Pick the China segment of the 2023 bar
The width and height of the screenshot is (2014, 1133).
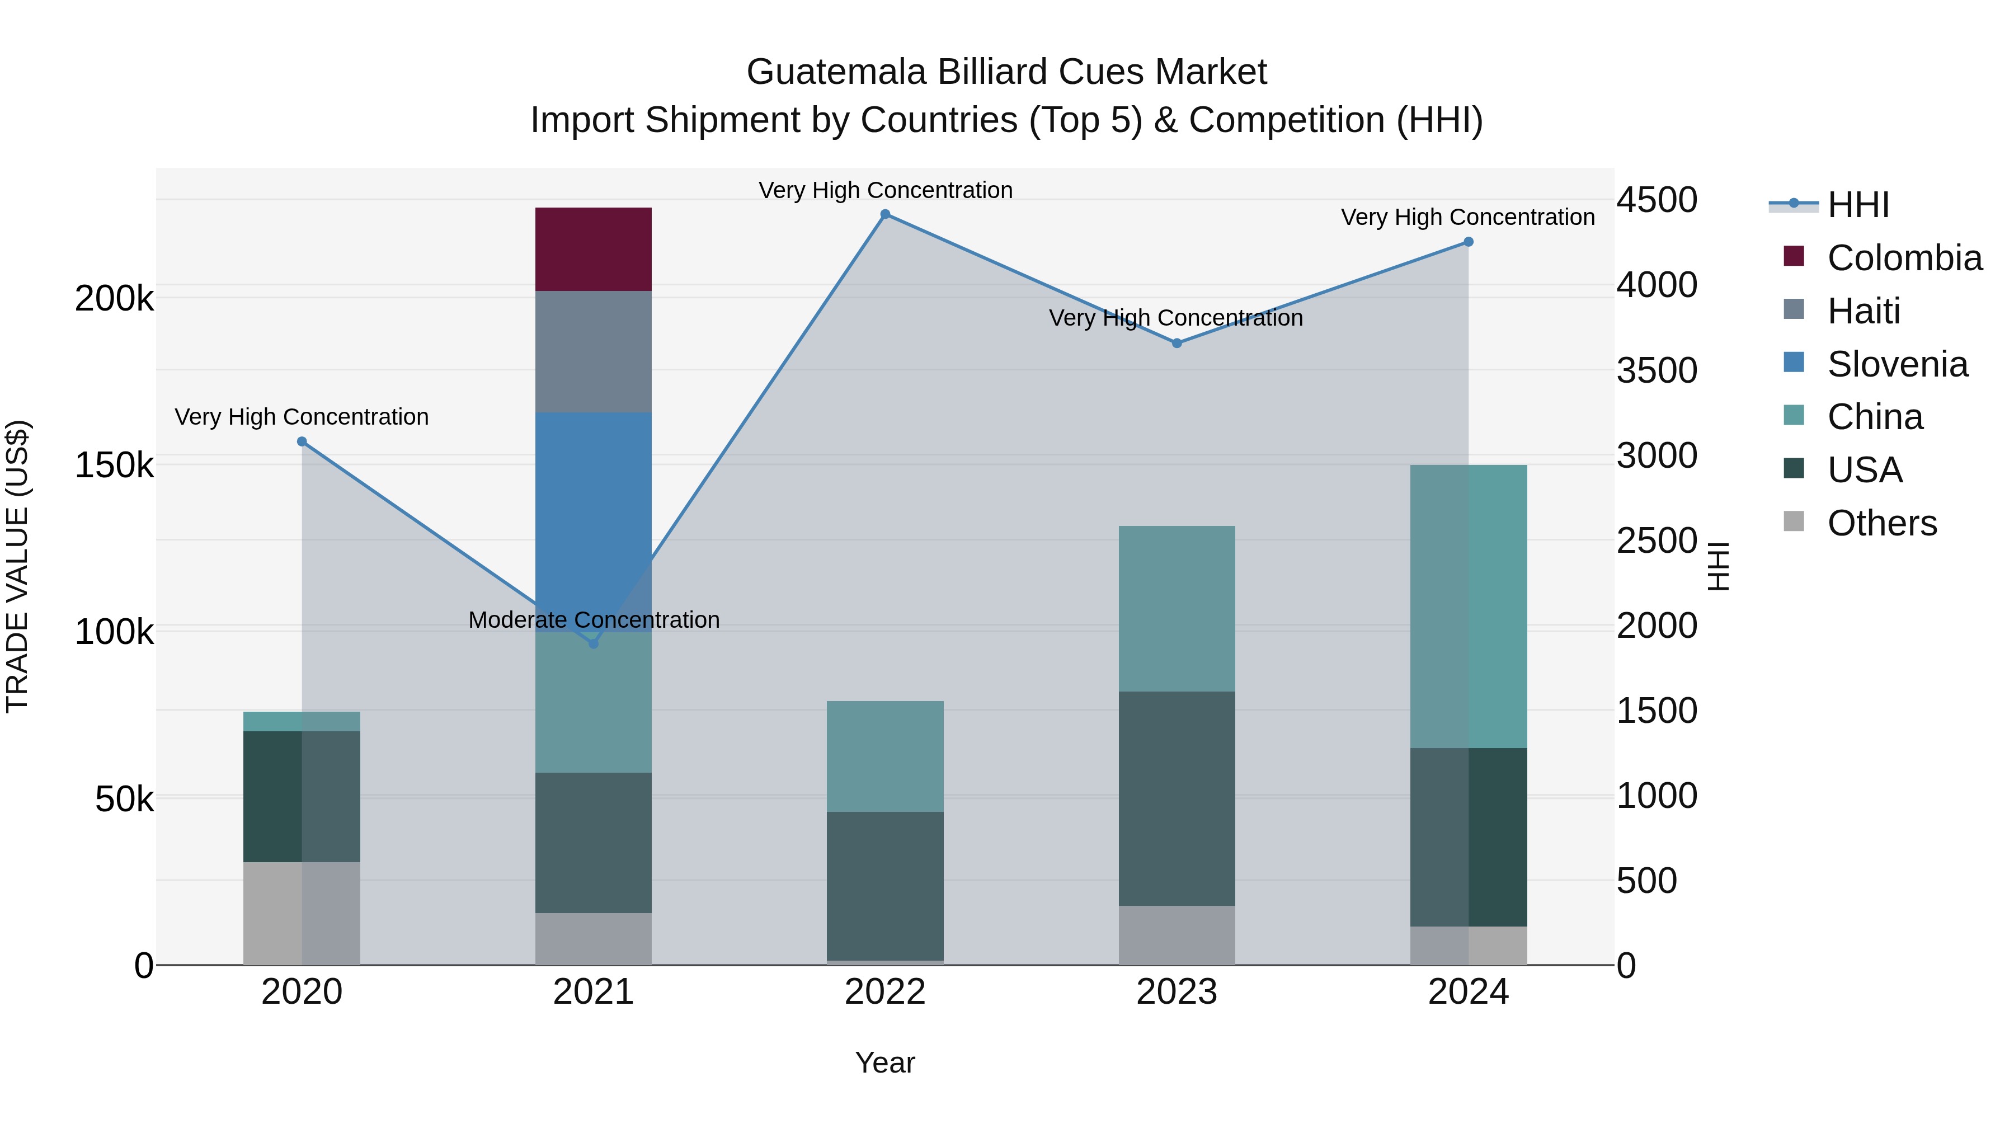tap(1176, 608)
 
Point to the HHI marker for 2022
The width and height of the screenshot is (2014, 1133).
tap(885, 214)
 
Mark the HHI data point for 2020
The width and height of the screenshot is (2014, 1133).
tap(302, 442)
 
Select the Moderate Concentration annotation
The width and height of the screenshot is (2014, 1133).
tap(594, 620)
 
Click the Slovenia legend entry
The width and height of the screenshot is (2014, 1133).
tap(1897, 364)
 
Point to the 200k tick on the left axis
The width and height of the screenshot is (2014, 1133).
tap(114, 299)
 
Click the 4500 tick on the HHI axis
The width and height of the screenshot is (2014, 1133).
tap(1657, 200)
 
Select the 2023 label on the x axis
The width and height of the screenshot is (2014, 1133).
tap(1176, 992)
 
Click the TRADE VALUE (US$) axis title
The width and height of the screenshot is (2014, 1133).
tap(18, 566)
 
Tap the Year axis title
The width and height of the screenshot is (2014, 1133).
tap(884, 1063)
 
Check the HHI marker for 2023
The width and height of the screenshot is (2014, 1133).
tap(1176, 344)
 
